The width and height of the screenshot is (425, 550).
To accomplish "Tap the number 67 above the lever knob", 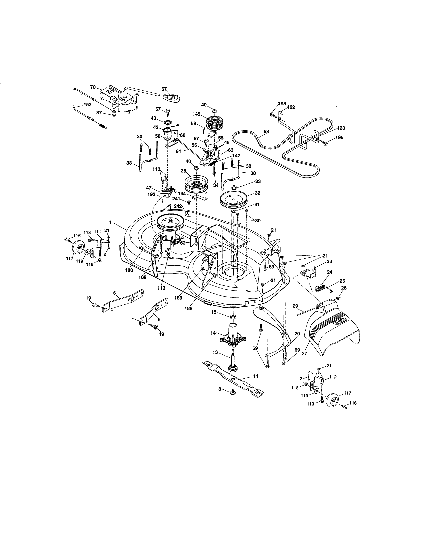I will [164, 89].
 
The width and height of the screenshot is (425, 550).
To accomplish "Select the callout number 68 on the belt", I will [266, 131].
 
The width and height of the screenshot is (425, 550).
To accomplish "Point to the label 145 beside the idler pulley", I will [196, 114].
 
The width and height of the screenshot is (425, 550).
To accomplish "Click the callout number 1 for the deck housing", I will [110, 222].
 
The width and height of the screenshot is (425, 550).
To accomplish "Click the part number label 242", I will [178, 206].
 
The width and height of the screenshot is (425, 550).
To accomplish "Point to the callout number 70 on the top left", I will [93, 87].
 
